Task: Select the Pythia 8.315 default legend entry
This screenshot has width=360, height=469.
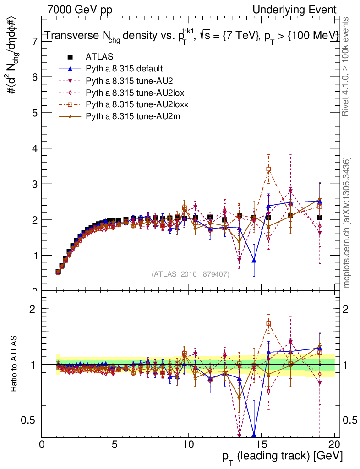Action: pyautogui.click(x=124, y=69)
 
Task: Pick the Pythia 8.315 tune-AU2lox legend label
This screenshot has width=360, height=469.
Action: pyautogui.click(x=131, y=93)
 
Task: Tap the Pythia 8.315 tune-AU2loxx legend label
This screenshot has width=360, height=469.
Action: pyautogui.click(x=132, y=104)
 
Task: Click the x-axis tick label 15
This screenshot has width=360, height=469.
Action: pyautogui.click(x=261, y=445)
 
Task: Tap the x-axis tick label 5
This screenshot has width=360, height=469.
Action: pyautogui.click(x=115, y=445)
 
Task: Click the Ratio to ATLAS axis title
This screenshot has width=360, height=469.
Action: pyautogui.click(x=14, y=364)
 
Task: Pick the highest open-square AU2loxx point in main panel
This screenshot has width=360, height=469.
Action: pyautogui.click(x=268, y=169)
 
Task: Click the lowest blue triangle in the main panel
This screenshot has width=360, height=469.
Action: pyautogui.click(x=254, y=261)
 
